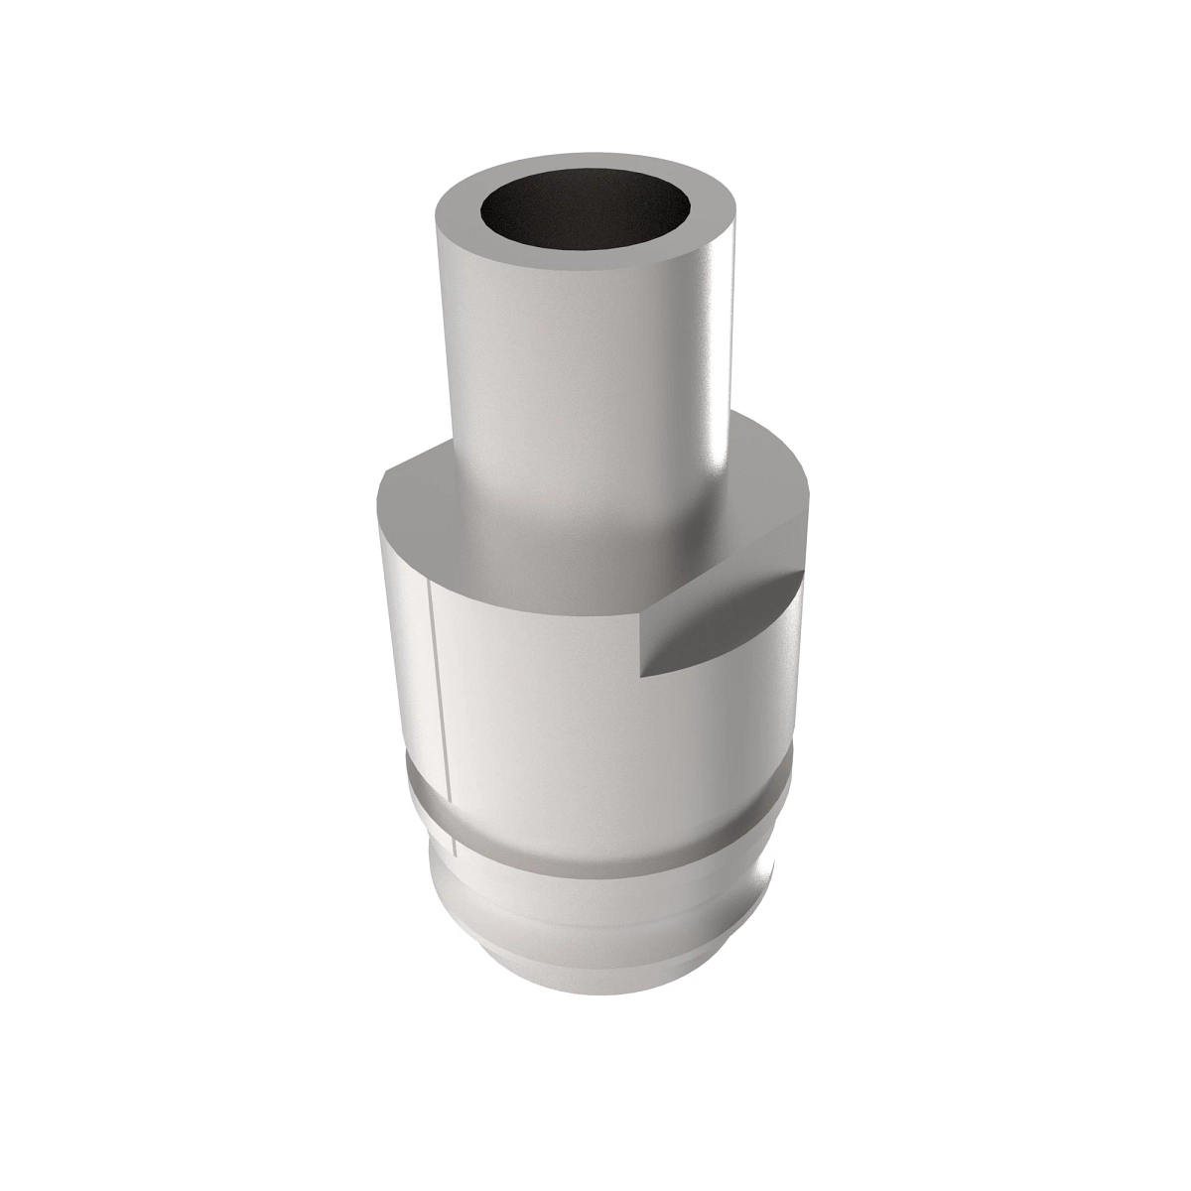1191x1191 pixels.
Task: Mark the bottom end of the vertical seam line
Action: (454, 854)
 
